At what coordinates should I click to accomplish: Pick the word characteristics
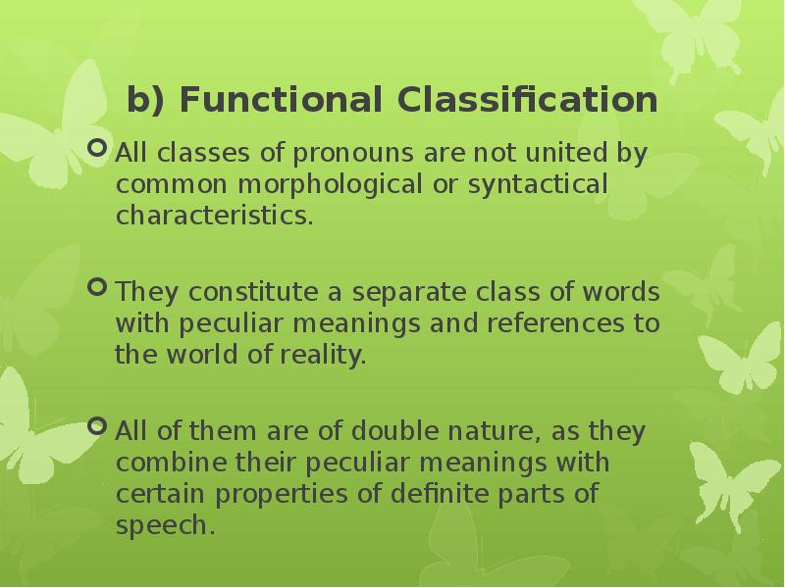pyautogui.click(x=215, y=216)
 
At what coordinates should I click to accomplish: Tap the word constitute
pyautogui.click(x=238, y=294)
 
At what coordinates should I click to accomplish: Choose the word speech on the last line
pyautogui.click(x=164, y=524)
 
